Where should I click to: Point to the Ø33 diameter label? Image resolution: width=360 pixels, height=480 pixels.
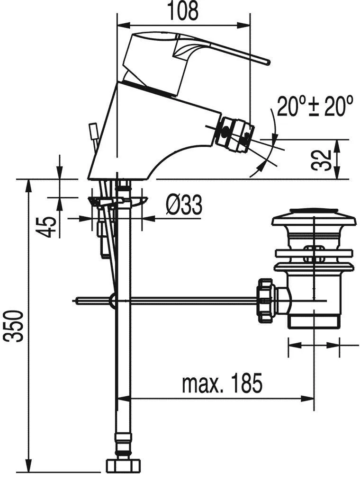[x=184, y=205]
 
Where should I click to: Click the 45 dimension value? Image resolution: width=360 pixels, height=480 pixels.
[x=47, y=227]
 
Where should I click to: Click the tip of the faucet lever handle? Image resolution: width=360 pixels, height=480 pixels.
[x=269, y=62]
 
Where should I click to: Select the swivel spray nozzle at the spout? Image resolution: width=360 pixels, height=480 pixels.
[x=235, y=134]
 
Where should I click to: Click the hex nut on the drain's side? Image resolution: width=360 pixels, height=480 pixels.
[x=265, y=300]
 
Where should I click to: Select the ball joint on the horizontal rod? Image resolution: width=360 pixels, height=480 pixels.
[x=113, y=300]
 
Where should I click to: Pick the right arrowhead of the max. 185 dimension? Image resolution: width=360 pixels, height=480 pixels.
[x=307, y=398]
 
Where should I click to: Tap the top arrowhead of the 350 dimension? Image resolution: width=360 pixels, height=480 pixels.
[x=29, y=186]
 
